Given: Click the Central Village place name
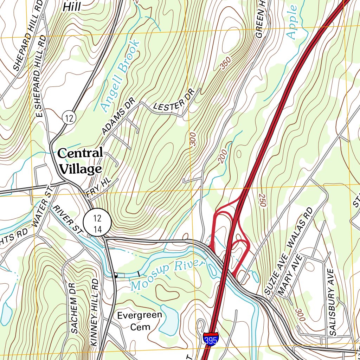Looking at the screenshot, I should coord(80,161).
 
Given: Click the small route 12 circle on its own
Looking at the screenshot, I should coord(69,117).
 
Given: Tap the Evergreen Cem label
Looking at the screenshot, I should coord(140,321).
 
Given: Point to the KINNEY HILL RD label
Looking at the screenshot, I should coord(94,313).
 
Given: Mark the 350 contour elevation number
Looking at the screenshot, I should coord(226,63).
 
